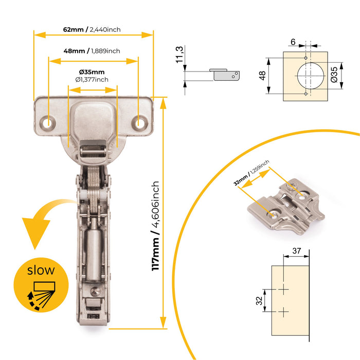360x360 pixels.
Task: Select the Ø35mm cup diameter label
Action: tap(92, 71)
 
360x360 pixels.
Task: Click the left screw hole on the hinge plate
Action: tap(49, 122)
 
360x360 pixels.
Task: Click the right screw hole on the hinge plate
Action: tap(139, 123)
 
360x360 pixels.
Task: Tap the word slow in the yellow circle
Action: tap(41, 269)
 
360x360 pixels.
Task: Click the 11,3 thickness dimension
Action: tap(179, 55)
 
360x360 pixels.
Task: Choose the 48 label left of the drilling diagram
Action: tap(263, 75)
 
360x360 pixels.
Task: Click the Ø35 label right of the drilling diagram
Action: tap(334, 75)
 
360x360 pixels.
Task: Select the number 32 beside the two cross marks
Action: tap(260, 300)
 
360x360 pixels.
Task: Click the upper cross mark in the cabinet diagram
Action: tap(283, 291)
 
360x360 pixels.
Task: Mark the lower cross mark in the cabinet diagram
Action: tap(283, 311)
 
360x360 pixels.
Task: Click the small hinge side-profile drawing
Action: tap(225, 74)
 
